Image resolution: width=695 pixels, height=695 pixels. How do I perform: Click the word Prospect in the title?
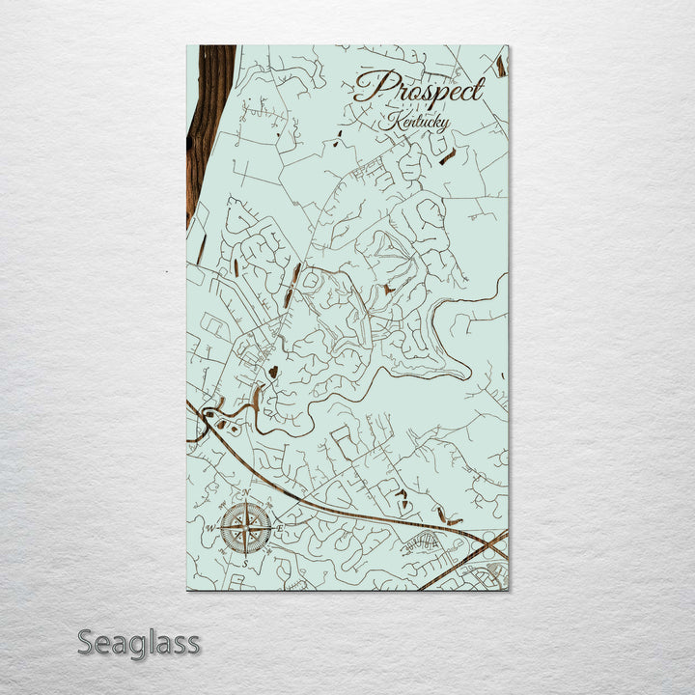418,89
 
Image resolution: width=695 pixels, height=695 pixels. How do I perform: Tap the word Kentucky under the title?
413,122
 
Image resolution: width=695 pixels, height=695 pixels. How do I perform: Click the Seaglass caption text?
138,642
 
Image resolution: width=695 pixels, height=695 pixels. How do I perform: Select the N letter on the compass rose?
245,495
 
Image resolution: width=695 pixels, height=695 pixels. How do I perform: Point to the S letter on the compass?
245,562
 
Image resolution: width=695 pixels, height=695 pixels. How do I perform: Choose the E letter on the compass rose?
280,529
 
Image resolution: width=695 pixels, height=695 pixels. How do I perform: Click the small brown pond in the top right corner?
500,65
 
